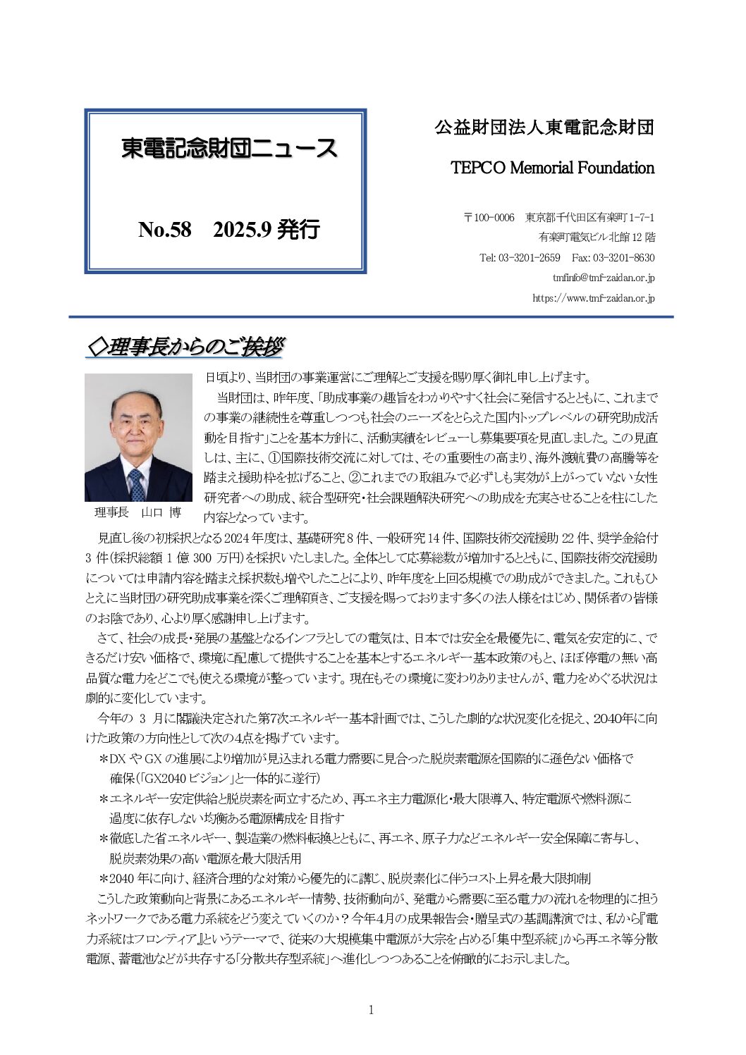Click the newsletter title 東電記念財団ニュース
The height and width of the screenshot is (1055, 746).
pos(229,149)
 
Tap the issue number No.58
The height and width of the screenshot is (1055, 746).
pos(165,230)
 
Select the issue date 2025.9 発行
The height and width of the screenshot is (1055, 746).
pos(267,230)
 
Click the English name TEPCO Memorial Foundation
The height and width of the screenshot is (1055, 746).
pos(552,168)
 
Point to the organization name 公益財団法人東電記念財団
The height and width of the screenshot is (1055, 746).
pos(544,128)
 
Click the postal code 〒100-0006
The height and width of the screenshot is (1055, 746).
pos(489,218)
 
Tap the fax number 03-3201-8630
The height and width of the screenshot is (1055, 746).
pos(623,258)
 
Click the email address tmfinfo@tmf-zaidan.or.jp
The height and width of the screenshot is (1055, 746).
pos(604,278)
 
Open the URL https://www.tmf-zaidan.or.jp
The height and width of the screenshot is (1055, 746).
pos(593,298)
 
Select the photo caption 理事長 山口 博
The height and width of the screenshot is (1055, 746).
pos(137,512)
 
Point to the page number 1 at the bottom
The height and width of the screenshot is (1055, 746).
pos(372,1010)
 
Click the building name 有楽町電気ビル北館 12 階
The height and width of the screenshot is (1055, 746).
pos(597,237)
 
